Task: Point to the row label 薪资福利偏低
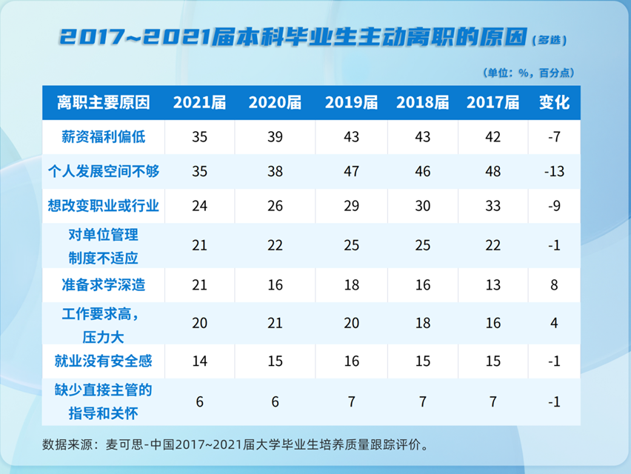click(104, 137)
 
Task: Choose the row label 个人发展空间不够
click(104, 171)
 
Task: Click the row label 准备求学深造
click(104, 284)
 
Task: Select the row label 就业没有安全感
click(104, 361)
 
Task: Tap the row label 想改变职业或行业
click(104, 205)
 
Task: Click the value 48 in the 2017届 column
click(493, 171)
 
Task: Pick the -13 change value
click(555, 171)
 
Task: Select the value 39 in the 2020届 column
click(275, 137)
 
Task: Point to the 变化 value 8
click(555, 284)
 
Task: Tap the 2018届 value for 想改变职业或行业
click(423, 205)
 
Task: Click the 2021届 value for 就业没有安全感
click(199, 361)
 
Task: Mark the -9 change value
click(555, 205)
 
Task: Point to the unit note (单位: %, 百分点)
click(528, 73)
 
